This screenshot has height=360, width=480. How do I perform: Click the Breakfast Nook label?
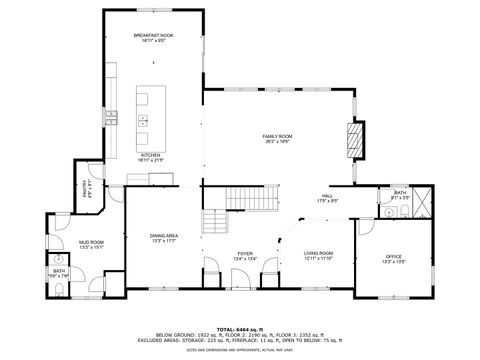pos(154,37)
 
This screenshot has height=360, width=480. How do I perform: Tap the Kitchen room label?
pos(151,156)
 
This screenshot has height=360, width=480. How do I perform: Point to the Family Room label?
pos(277,137)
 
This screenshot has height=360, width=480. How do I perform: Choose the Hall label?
pos(328,198)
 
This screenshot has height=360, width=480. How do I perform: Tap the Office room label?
pos(394,259)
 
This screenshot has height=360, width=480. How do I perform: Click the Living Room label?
pos(318,255)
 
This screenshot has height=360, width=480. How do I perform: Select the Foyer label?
pos(245,256)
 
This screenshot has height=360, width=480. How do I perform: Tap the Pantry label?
pos(84,187)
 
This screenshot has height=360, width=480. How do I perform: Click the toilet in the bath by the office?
pos(387,211)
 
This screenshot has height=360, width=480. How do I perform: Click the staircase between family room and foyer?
pos(245,199)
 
